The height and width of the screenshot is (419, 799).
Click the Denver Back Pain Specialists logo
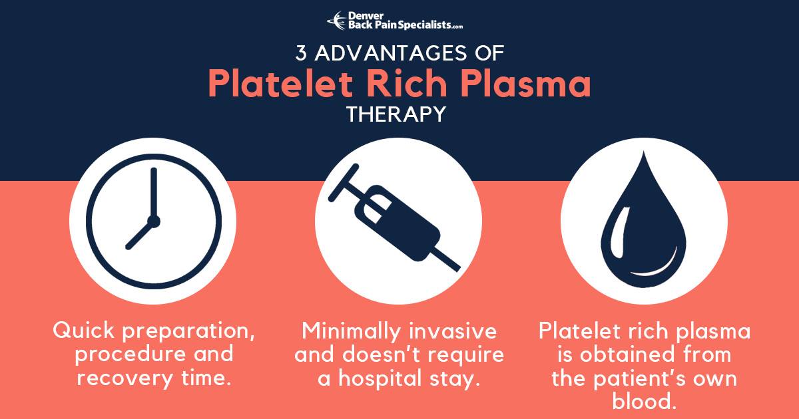tap(395, 21)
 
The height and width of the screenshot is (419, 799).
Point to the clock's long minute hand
tap(153, 193)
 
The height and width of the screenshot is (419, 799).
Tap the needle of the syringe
tap(447, 259)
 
